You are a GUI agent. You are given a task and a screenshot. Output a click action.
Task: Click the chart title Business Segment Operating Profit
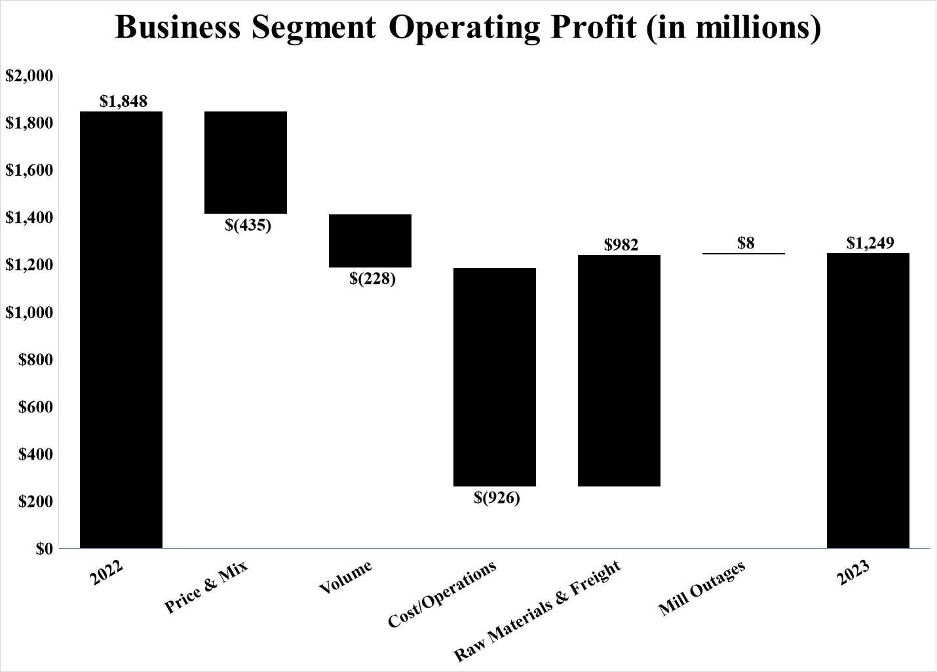468,28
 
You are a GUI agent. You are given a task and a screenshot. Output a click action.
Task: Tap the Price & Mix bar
246,163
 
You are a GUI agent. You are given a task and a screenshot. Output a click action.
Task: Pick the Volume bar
370,241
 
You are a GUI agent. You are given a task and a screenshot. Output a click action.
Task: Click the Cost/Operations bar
495,377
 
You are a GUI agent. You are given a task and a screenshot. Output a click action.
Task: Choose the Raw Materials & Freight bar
619,370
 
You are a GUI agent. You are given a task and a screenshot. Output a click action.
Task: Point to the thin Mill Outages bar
744,254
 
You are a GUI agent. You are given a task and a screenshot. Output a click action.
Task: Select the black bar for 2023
868,400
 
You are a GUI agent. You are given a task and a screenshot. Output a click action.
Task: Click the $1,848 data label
123,101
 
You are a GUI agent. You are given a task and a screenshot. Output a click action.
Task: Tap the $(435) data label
248,226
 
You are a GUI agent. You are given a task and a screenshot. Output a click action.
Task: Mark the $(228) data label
372,279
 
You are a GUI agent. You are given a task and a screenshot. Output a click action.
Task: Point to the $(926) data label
497,498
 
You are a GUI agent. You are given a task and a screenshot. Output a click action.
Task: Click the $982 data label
621,245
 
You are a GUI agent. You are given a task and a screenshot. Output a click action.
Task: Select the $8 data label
746,243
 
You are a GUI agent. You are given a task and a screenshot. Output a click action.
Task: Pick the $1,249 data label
870,243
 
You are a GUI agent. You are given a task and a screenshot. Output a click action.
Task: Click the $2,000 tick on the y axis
29,76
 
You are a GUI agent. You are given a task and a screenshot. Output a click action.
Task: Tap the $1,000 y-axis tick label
29,312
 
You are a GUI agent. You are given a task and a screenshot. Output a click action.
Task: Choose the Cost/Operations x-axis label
443,594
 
